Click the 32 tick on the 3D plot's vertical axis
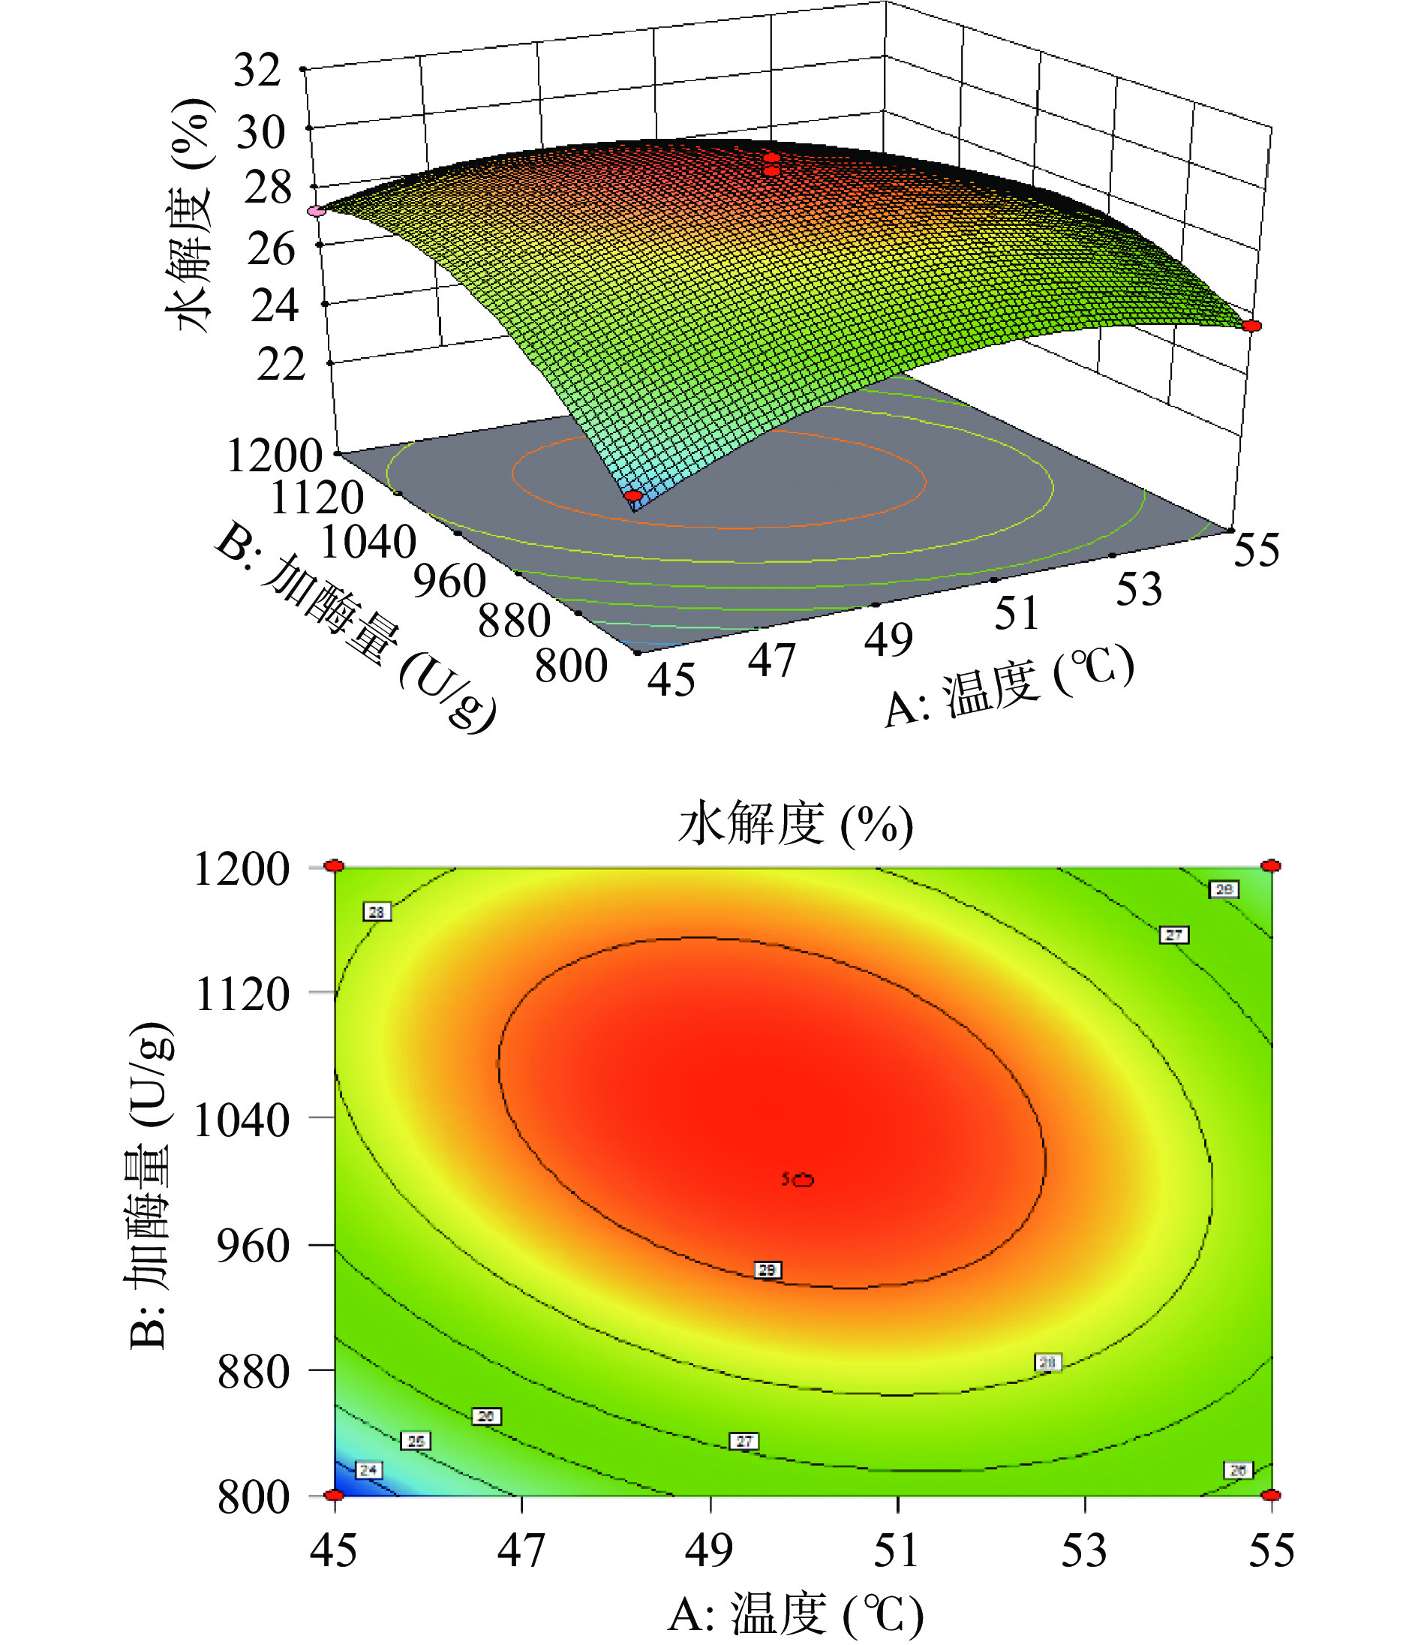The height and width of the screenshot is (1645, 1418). click(257, 71)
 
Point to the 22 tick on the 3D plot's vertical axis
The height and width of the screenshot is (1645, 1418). click(281, 365)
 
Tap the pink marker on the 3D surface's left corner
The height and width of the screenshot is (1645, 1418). click(317, 211)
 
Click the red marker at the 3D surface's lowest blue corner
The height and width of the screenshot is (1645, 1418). click(633, 496)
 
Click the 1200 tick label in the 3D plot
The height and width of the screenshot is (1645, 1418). click(275, 456)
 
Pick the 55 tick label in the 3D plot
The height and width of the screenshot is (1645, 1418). click(1256, 549)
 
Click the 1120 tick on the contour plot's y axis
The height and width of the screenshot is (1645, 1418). click(242, 993)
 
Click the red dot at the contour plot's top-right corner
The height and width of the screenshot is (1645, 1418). click(1271, 865)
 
